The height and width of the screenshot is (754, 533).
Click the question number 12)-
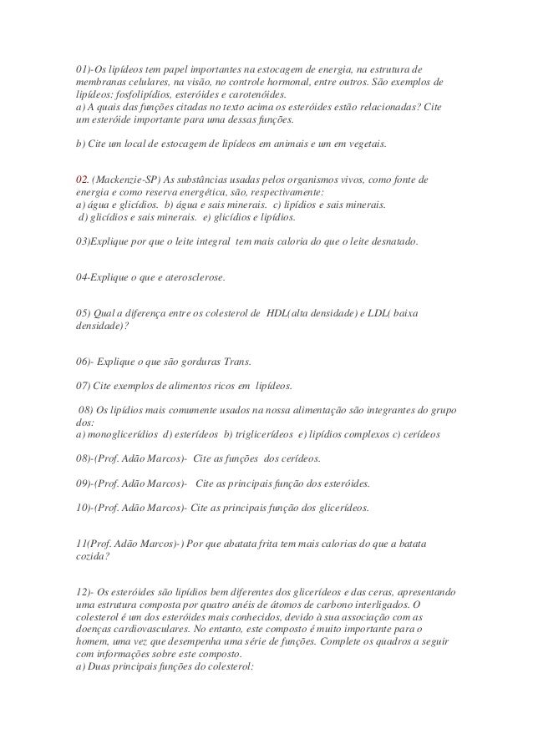pyautogui.click(x=85, y=591)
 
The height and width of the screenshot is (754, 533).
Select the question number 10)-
pyautogui.click(x=85, y=507)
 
